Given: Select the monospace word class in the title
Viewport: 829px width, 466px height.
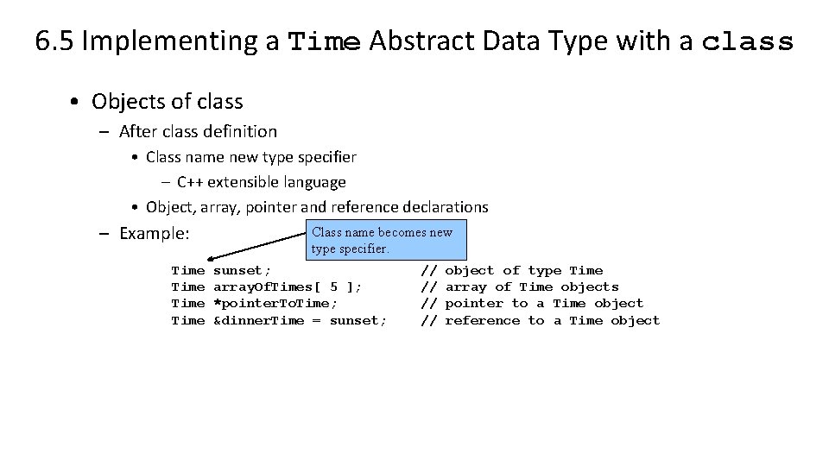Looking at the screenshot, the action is pos(747,41).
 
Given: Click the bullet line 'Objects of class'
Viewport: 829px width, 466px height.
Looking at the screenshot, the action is pos(168,101).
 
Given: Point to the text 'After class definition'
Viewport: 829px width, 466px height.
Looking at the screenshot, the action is pos(198,131).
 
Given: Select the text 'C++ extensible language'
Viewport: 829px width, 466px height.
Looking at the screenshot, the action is pos(261,182).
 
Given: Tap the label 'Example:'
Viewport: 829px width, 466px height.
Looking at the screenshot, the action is pos(154,233).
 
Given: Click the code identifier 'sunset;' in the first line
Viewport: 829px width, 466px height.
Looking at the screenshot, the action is pos(242,270).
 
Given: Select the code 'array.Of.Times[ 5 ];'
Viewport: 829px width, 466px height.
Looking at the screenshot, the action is pos(287,287).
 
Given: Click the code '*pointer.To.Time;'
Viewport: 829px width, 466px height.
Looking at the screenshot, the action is pos(275,303).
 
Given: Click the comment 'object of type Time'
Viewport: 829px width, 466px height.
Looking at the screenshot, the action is pos(523,270).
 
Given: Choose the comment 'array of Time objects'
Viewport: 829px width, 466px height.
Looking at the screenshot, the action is pos(531,287).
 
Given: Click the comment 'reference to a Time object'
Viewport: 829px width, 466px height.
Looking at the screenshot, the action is pos(552,320).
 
